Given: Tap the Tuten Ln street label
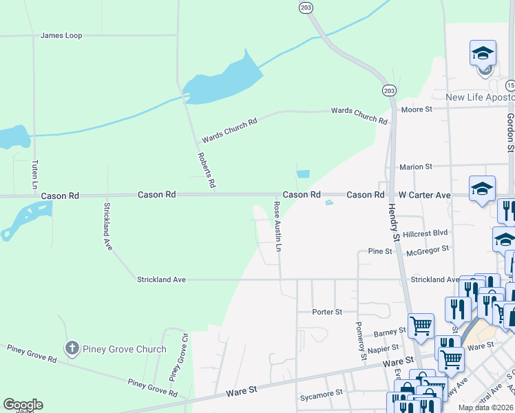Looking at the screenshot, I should click(34, 175).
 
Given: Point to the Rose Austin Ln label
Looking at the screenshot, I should click(277, 226).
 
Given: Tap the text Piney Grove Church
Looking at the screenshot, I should click(125, 349).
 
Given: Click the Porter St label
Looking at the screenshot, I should click(327, 312).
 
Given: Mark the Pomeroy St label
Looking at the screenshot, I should click(360, 340).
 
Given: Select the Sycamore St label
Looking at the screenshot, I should click(321, 394).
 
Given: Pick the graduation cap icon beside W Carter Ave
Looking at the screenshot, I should click(482, 189).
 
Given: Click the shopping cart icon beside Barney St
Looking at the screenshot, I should click(421, 324).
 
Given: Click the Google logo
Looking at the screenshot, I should click(23, 405).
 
